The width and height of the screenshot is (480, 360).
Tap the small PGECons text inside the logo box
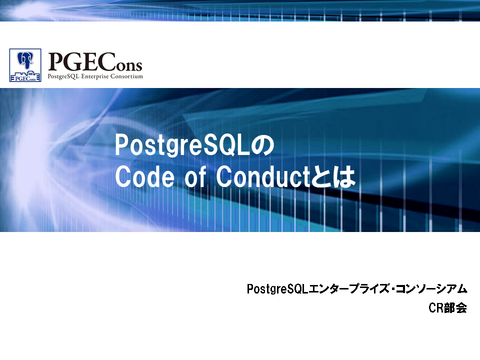[x=25, y=78]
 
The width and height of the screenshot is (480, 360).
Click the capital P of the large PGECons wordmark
[x=55, y=62]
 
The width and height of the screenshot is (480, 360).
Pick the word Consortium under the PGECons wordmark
[x=126, y=76]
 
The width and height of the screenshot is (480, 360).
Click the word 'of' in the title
[x=195, y=176]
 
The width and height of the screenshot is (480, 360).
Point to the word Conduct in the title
[x=263, y=176]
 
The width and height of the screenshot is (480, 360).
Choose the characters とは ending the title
[x=333, y=177]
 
